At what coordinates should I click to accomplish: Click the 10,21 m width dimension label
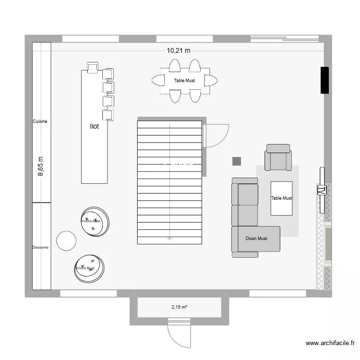pos(179,50)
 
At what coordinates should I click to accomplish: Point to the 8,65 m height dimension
pos(40,167)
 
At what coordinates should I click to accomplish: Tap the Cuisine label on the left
pos(40,121)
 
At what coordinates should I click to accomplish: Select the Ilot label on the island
pos(94,126)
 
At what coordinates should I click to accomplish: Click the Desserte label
pos(40,247)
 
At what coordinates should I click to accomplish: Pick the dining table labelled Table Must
pos(185,81)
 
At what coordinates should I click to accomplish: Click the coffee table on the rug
pos(281,198)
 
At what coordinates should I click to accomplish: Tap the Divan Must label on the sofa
pos(256,238)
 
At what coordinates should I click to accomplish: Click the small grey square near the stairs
pos(236,161)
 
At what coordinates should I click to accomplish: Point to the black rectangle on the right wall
pos(324,80)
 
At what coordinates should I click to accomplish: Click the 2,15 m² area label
pos(180,307)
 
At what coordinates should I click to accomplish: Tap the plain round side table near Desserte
pos(66,240)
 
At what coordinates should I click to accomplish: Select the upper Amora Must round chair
pos(95,221)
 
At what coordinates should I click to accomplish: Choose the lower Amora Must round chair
pos(89,268)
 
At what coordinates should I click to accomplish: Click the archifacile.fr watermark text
pos(330,343)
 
